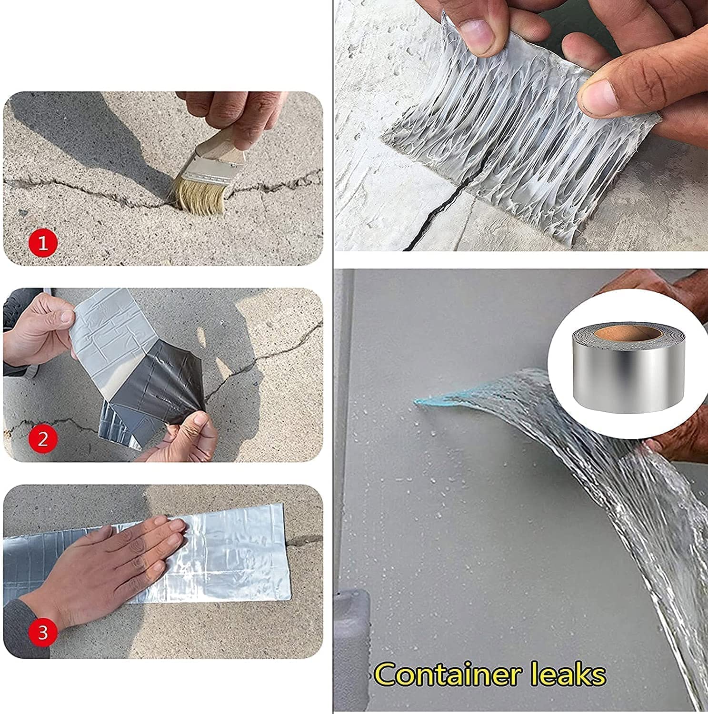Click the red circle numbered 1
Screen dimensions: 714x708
point(43,244)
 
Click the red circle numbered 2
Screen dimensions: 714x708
point(43,438)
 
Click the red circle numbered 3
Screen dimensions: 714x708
point(43,633)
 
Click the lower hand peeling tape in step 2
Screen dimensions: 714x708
point(186,438)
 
